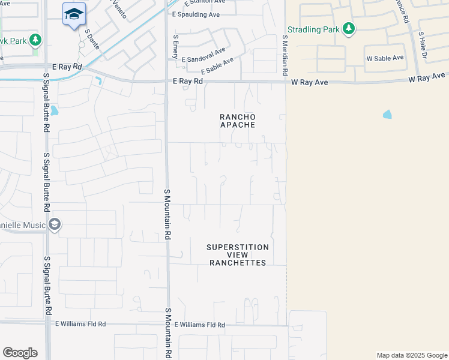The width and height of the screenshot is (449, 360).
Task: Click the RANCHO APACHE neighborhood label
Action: pos(237,121)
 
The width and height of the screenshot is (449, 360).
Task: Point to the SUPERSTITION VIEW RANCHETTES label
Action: pos(237,255)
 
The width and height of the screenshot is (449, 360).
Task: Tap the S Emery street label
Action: pos(176,46)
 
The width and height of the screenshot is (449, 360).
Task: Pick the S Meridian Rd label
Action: pos(285,54)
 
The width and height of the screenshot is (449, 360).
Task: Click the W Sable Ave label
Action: pos(385,58)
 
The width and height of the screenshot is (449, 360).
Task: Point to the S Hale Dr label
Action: pos(423,46)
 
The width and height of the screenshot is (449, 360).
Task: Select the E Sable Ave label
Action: pos(217,66)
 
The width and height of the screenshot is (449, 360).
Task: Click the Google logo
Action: pos(20,353)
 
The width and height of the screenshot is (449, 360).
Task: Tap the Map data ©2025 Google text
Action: pos(411,355)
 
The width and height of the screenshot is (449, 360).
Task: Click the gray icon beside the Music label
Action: pos(55,224)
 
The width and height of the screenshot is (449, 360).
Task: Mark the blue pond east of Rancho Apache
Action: pos(387,114)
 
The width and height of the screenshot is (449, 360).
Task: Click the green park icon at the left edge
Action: pos(35,40)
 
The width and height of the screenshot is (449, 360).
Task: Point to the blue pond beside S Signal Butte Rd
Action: pos(55,110)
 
